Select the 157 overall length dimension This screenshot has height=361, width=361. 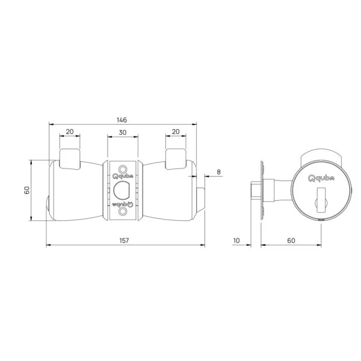click(125, 241)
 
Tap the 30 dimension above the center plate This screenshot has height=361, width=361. click(123, 132)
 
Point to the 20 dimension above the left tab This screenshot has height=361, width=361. click(69, 132)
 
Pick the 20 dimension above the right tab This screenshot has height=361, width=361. click(176, 132)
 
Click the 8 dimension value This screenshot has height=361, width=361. click(218, 172)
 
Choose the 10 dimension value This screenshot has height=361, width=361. click(236, 241)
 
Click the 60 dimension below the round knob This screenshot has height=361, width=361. click(291, 241)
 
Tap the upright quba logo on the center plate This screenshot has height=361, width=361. click(123, 177)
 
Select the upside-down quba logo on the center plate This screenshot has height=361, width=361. click(123, 204)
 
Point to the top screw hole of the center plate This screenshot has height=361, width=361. click(123, 168)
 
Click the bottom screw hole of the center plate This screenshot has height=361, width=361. click(123, 212)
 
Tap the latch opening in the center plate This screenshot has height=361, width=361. click(123, 190)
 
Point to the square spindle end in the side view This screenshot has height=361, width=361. click(255, 190)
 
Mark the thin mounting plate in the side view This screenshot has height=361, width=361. click(262, 190)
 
